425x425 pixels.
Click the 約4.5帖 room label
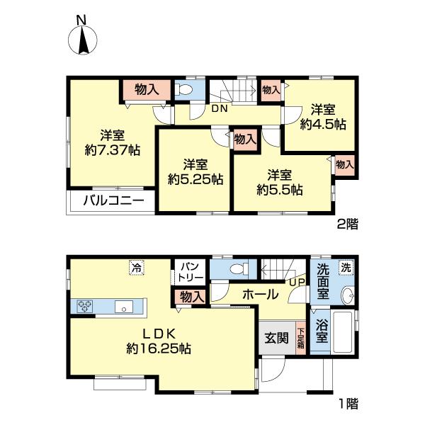[x=322, y=117]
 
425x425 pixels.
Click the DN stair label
[x=219, y=108]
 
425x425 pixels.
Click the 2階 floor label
[x=346, y=225]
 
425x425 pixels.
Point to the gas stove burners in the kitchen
[x=86, y=307]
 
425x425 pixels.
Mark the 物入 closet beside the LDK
[x=189, y=297]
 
